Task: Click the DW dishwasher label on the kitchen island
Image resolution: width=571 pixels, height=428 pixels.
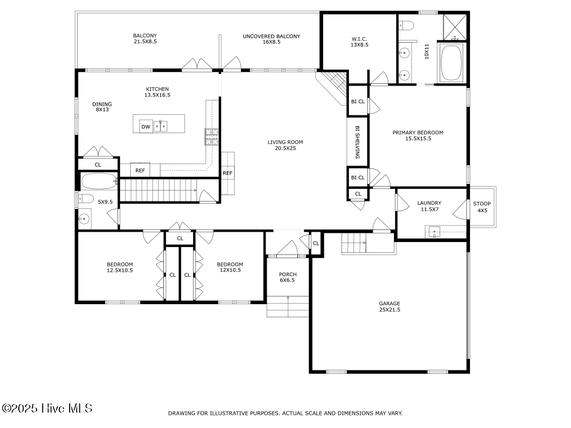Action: (146, 127)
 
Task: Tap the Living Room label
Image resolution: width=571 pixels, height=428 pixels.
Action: (285, 145)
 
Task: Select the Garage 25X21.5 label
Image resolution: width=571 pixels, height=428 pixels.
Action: (389, 306)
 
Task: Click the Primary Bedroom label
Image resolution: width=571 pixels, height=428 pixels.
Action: (418, 135)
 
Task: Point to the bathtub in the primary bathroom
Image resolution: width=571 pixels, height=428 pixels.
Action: (451, 63)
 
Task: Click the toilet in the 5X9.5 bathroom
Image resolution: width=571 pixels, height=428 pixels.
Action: (85, 199)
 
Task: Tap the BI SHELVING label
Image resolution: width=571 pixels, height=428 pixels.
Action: (357, 142)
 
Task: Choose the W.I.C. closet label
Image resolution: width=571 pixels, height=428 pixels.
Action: (359, 42)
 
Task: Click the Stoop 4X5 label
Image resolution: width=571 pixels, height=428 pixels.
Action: (482, 207)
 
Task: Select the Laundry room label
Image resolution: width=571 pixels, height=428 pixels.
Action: (429, 206)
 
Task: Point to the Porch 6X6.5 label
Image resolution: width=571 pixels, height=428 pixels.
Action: (288, 277)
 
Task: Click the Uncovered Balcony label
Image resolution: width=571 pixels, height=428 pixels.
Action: (271, 39)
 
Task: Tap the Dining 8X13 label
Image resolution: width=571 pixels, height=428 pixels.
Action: (102, 107)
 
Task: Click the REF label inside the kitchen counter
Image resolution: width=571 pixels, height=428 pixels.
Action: (140, 170)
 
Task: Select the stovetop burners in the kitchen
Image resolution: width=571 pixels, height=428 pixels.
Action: (211, 137)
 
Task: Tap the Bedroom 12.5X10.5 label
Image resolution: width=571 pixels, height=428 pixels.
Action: (120, 267)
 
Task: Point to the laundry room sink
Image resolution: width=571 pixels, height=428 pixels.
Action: (435, 232)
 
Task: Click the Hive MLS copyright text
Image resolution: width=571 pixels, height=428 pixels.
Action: (47, 408)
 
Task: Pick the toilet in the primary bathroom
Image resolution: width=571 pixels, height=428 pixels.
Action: (407, 26)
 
